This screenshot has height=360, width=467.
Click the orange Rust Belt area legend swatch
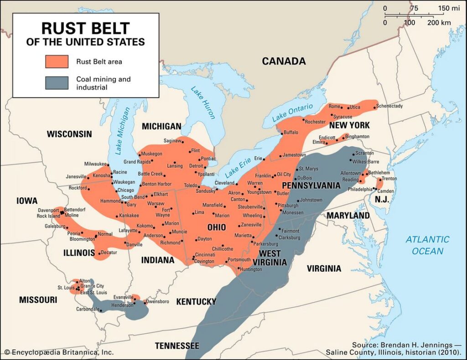pos(57,62)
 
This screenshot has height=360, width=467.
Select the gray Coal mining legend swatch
pos(57,82)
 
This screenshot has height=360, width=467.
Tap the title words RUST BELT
pos(85,28)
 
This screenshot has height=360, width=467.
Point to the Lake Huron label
pos(202,103)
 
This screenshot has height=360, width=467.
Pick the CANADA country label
pos(283,61)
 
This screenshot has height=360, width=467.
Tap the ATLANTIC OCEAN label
pos(427,245)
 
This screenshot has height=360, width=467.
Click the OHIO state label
pos(217,227)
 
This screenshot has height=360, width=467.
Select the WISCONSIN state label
pos(69,134)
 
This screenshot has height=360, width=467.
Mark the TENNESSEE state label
pos(176,345)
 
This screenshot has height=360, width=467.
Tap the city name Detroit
pos(196,166)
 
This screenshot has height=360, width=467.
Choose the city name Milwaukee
pos(95,164)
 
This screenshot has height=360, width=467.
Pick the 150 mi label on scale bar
pos(450,8)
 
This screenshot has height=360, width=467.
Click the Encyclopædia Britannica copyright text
pos(59,352)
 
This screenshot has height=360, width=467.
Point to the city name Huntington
pos(250,269)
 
